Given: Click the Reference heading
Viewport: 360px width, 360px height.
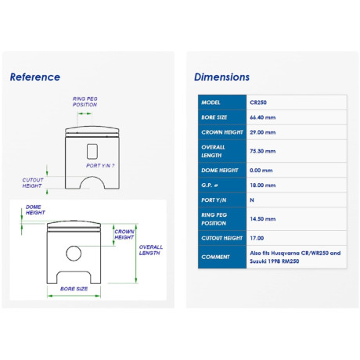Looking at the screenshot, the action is [x=35, y=77].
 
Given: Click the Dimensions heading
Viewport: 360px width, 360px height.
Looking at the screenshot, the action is [x=221, y=77].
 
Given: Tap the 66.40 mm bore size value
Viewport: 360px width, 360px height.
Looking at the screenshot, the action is [x=262, y=117].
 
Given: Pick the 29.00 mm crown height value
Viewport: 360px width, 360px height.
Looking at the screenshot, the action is [x=262, y=132].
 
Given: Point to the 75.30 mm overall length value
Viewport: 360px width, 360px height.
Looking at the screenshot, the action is [x=262, y=151].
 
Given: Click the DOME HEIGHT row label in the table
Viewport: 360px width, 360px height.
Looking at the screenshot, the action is [x=220, y=170].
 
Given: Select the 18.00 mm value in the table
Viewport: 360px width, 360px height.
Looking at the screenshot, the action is [x=262, y=185].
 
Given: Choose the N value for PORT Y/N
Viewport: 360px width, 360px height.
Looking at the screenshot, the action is [x=252, y=200].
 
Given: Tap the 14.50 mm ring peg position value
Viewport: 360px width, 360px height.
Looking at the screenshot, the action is [x=262, y=219].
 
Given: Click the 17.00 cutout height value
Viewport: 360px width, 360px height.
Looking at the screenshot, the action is [x=257, y=238].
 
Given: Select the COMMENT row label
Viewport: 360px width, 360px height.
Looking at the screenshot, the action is [x=215, y=257].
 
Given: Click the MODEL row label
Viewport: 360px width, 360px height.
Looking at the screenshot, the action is [x=211, y=103].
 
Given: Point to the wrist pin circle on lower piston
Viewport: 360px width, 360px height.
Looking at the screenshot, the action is [x=74, y=246].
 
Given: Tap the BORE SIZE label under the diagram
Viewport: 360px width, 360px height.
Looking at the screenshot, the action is [x=74, y=289].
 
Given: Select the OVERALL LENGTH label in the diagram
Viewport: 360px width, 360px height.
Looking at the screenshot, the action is [x=150, y=250].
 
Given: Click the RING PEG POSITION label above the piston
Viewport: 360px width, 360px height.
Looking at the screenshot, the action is [x=85, y=102].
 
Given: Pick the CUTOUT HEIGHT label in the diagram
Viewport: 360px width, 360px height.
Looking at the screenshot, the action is [x=33, y=183].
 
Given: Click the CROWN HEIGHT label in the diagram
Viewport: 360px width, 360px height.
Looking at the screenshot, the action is [x=124, y=234].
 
